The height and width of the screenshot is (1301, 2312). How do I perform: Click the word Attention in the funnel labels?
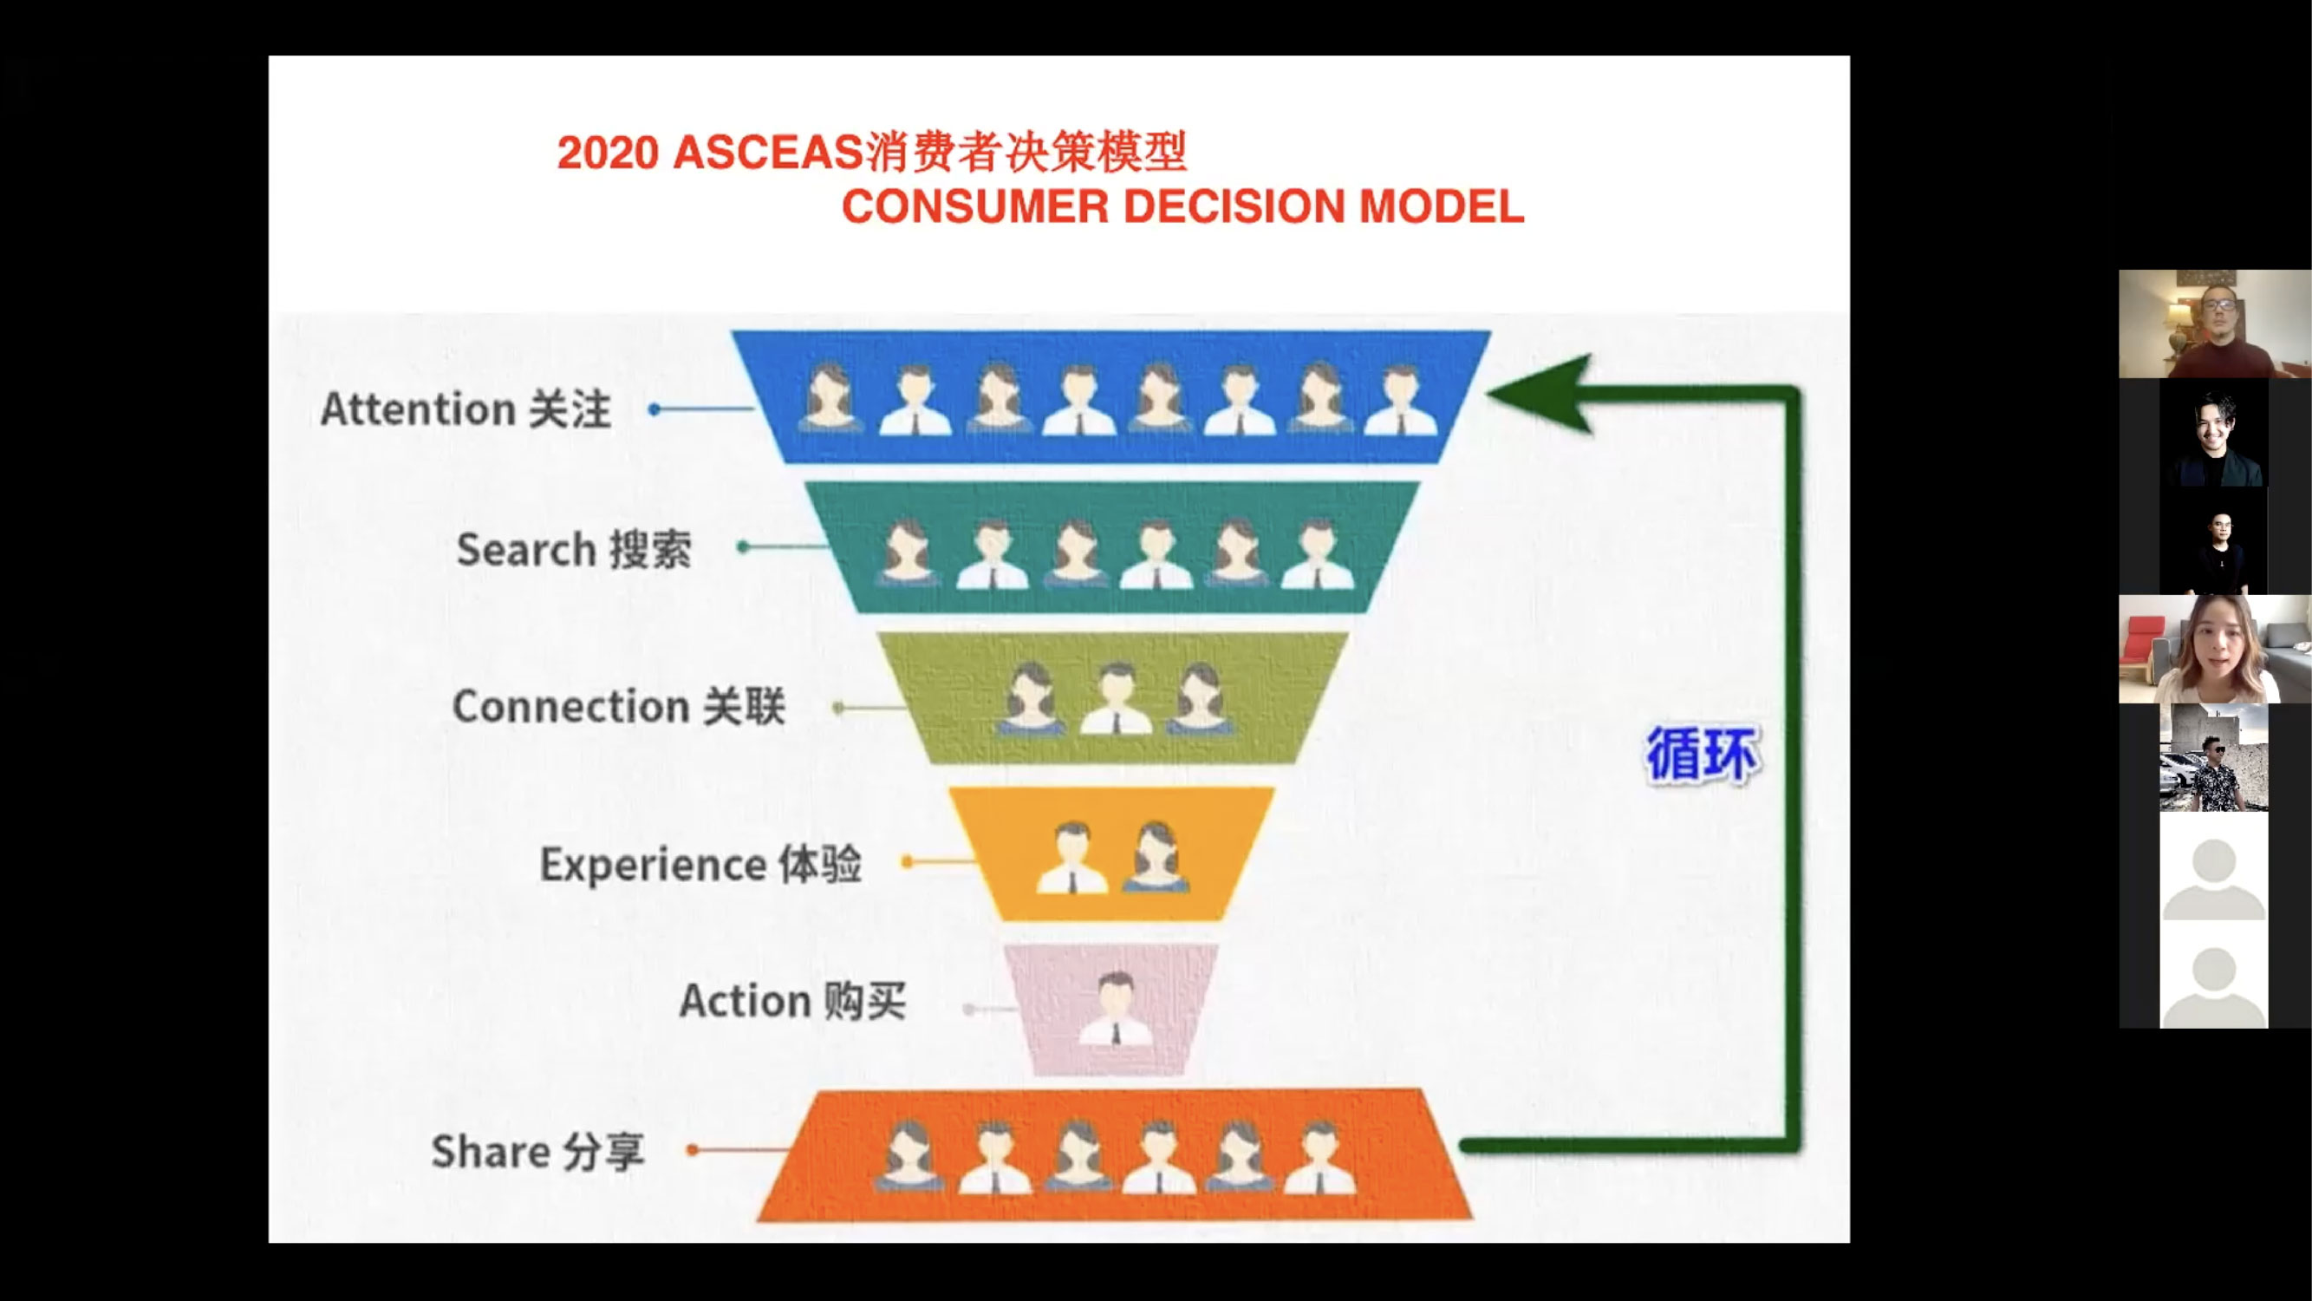click(417, 409)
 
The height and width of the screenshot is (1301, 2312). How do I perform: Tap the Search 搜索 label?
click(575, 549)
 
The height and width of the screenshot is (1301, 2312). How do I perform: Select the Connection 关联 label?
click(618, 706)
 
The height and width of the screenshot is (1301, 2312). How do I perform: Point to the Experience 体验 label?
click(701, 864)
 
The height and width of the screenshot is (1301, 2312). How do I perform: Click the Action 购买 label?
click(792, 1000)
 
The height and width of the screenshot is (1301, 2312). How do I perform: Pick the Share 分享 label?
click(537, 1150)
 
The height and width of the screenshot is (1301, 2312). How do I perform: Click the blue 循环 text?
click(1703, 755)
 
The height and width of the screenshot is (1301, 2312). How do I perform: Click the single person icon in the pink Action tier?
click(1115, 1009)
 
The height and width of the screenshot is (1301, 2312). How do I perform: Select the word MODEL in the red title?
click(1442, 206)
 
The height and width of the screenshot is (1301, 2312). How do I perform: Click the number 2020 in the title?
click(608, 153)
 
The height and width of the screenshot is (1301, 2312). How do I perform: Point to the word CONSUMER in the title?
click(975, 206)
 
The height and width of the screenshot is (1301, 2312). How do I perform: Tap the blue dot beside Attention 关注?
click(655, 409)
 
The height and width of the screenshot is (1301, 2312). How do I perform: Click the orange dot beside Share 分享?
click(692, 1149)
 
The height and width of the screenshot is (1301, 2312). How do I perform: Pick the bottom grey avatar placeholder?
click(2213, 984)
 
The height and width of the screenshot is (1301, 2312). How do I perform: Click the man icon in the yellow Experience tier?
click(1072, 858)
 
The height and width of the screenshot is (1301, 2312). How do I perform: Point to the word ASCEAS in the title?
click(767, 153)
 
